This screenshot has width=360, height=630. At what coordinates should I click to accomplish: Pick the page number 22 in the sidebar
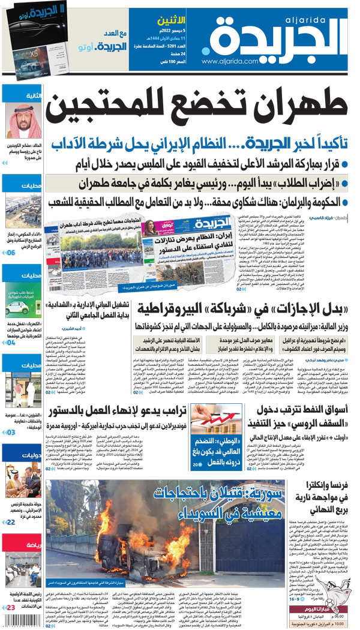click(x=11, y=523)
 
